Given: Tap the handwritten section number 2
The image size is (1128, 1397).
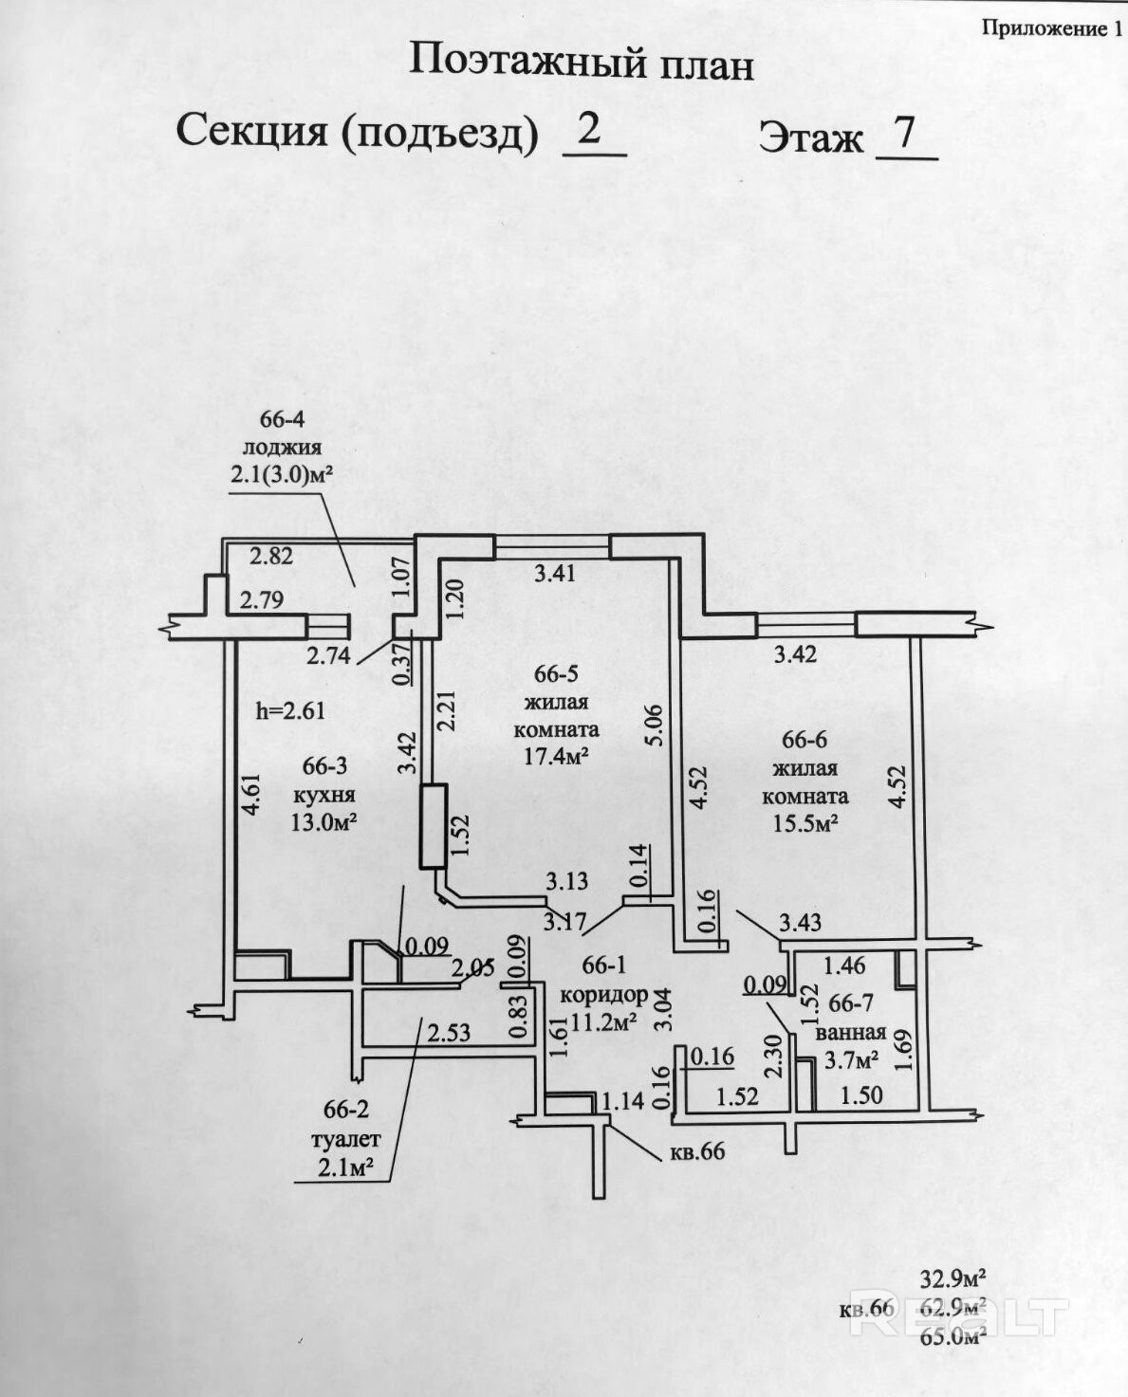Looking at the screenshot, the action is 589,130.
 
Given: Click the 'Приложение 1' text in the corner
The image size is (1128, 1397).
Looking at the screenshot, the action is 1053,28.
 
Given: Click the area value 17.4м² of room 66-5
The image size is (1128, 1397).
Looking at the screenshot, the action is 556,756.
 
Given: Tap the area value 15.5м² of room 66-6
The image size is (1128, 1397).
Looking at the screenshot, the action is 806,822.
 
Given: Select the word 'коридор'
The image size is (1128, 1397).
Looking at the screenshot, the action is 603,1013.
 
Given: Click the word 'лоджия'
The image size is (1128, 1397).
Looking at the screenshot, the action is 283,448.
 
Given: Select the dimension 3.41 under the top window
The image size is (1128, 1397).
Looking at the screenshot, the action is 555,574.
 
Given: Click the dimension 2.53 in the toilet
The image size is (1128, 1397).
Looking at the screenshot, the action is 450,1033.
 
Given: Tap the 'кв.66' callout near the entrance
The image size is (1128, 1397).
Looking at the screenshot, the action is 697,1151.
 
